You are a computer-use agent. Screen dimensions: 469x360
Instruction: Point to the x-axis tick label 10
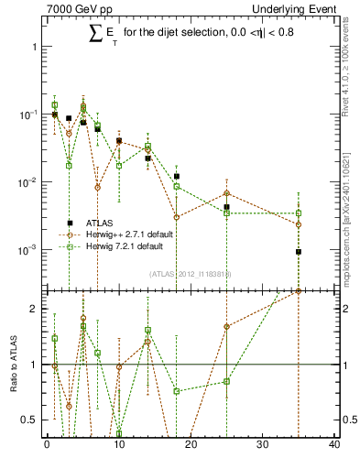coord(119,445)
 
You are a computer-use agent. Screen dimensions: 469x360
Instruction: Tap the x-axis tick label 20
coord(191,445)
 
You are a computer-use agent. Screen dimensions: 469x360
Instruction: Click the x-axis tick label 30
coord(263,445)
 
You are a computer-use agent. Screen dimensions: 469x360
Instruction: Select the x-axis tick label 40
coord(334,445)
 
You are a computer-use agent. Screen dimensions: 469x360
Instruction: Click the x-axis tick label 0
coord(47,445)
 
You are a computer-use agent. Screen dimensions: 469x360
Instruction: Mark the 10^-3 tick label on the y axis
coord(30,250)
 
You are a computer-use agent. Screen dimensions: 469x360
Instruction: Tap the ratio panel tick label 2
coord(36,309)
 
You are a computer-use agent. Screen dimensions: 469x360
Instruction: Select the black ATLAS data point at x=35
coord(299,252)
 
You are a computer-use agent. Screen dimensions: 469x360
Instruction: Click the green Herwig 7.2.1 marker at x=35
coord(299,213)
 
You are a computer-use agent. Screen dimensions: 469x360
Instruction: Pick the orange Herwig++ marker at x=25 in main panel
coord(226,193)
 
